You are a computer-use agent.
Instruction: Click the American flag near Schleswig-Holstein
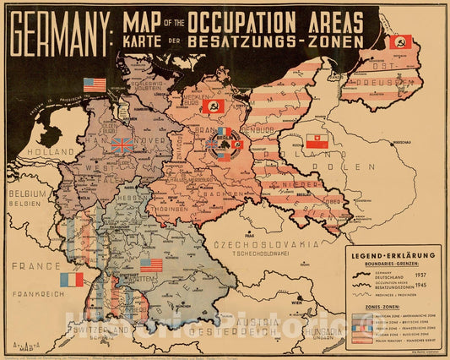click(x=95, y=85)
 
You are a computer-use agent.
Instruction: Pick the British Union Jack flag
click(x=122, y=145)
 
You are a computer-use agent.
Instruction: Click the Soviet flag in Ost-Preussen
click(x=399, y=41)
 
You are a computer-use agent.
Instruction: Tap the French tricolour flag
click(x=72, y=279)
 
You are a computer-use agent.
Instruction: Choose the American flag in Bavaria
click(x=151, y=265)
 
